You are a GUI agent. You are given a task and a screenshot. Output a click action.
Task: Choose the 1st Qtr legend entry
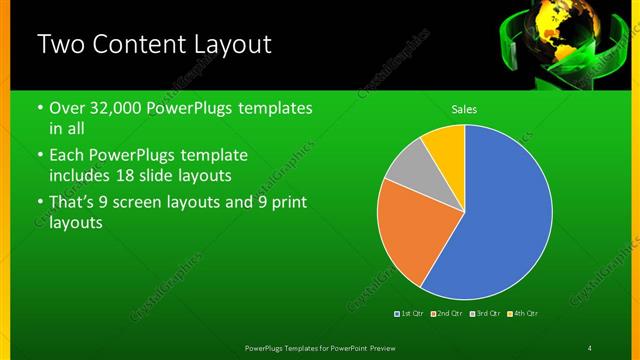click(x=409, y=314)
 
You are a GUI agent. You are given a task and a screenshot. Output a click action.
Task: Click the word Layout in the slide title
click(x=225, y=45)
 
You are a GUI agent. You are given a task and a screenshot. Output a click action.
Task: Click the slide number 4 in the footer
click(x=590, y=347)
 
